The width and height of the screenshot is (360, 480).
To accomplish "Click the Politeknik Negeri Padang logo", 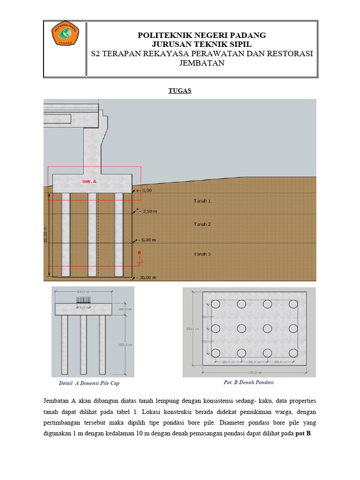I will (65, 34).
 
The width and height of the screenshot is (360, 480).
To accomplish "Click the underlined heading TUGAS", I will (180, 91).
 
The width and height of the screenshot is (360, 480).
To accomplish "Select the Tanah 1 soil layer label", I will (202, 201).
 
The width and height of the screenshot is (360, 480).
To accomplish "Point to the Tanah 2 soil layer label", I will (202, 224).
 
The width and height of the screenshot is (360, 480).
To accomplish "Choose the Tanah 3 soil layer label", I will (202, 254).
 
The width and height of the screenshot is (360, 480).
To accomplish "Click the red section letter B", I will (139, 253).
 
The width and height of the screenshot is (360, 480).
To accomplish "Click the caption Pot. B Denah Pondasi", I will (249, 382).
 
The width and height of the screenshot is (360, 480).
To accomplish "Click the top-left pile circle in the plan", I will (216, 304).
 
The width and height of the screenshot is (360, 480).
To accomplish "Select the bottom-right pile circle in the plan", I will (292, 352).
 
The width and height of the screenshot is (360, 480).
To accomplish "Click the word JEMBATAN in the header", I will (202, 63).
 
